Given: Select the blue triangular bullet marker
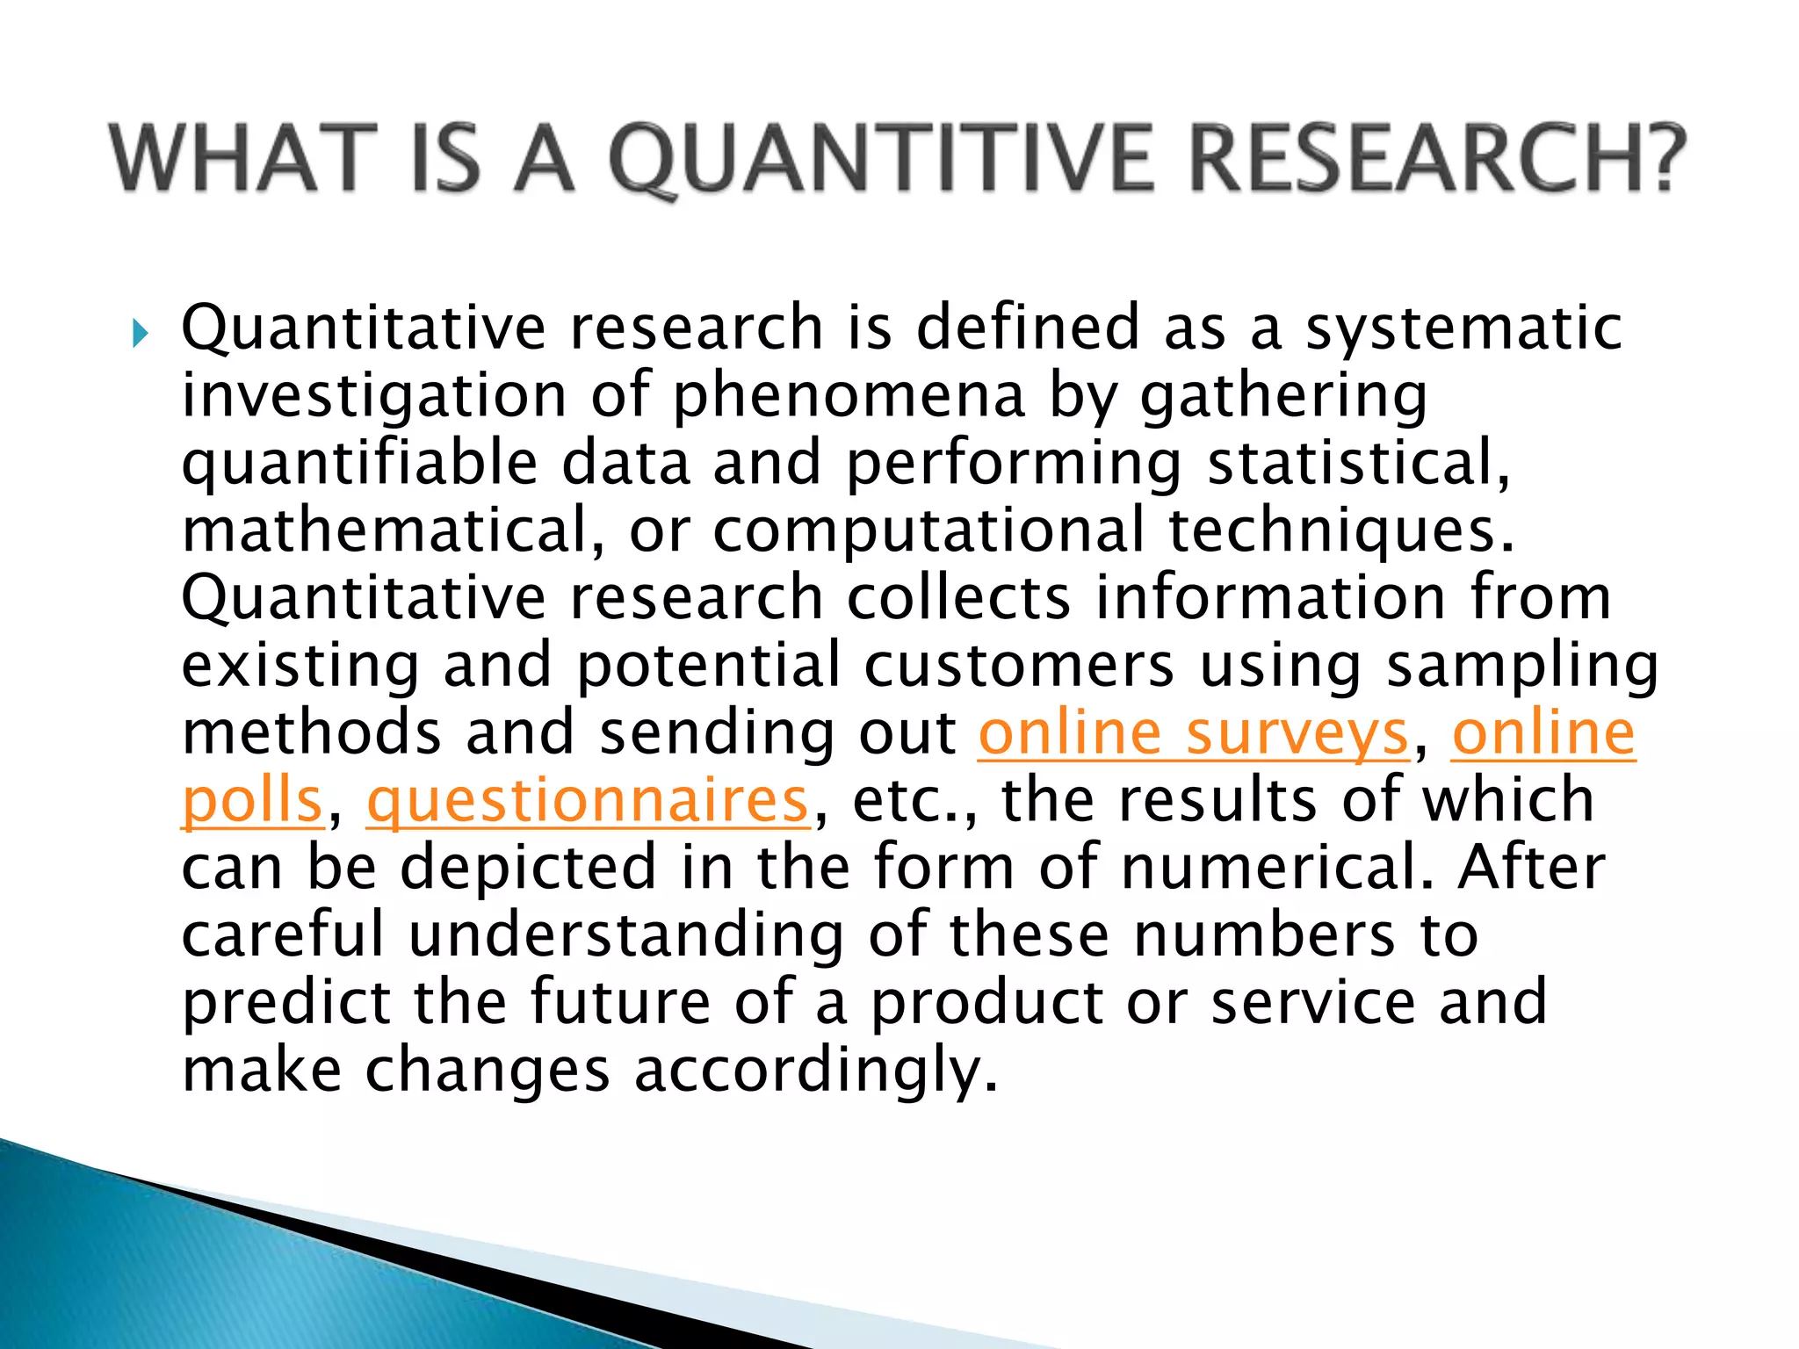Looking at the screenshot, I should pos(140,334).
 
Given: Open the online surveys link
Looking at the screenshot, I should pos(1193,733).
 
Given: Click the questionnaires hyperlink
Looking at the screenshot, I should pos(587,801).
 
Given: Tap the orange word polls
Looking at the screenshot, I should pos(252,801).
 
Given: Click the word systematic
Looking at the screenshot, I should pos(1463,328).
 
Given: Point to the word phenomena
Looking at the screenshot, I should pos(849,395).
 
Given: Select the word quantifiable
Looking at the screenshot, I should pos(359,464).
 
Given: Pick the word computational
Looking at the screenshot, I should pos(928,530).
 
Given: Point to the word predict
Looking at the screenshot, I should pos(286,1003).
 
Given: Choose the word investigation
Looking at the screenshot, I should pos(374,395).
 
